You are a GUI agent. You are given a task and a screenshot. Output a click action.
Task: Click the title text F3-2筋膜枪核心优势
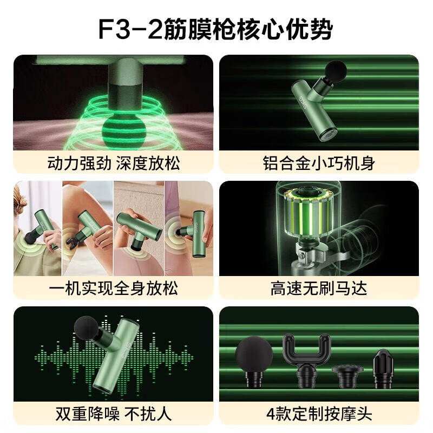click(215, 29)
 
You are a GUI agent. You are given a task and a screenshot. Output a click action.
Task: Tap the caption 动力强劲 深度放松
click(114, 163)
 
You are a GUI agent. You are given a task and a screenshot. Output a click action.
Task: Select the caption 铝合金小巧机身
click(319, 163)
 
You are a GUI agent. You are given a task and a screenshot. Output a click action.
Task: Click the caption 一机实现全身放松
click(114, 288)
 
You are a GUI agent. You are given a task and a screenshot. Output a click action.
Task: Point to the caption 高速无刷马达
click(319, 288)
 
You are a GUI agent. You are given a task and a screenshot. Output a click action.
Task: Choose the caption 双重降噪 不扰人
click(114, 414)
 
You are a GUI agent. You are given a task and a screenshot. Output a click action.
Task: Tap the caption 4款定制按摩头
click(319, 414)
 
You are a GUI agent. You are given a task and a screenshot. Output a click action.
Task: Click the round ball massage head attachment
click(254, 362)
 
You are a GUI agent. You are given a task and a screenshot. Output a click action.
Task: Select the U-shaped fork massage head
click(306, 359)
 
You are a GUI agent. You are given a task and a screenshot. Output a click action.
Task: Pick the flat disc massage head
click(347, 376)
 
